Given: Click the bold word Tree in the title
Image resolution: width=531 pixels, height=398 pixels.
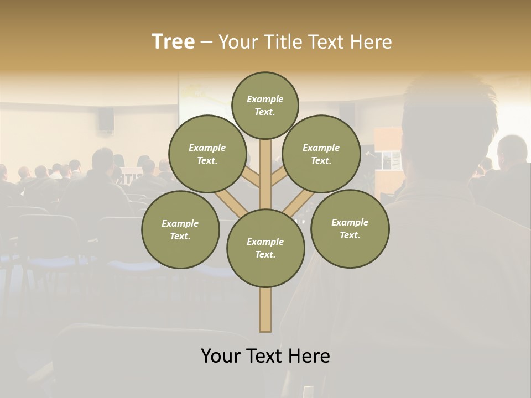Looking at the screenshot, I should tap(173, 42).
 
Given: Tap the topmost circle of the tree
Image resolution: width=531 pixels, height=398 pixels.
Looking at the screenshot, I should tap(265, 105).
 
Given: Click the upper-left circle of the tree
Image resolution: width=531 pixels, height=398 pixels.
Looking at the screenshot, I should tap(207, 154).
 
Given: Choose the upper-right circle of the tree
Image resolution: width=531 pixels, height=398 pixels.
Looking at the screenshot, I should tap(321, 154).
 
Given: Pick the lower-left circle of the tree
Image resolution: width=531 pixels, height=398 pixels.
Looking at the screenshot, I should tap(180, 229).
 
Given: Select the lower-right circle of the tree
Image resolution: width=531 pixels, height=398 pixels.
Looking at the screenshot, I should tap(350, 228).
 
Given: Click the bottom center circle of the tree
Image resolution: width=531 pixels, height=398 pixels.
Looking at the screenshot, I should tap(265, 248).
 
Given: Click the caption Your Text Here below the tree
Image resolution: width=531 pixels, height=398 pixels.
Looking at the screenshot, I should tap(265, 356).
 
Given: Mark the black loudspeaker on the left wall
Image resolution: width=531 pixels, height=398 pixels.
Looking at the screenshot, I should tap(106, 119).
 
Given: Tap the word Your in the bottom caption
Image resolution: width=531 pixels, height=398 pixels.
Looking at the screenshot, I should tap(221, 356).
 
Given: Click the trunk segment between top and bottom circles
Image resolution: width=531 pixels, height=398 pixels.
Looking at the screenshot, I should tap(265, 174).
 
